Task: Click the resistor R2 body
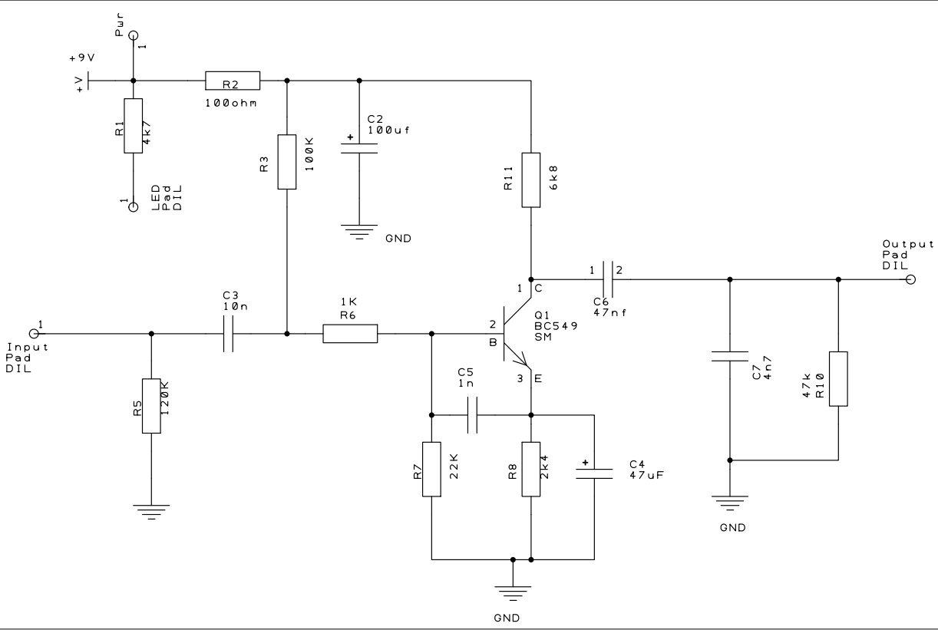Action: [x=233, y=80]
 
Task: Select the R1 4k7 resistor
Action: [x=134, y=126]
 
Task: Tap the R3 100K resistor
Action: [x=286, y=162]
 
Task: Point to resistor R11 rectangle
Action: [x=531, y=180]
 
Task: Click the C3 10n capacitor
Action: [x=227, y=334]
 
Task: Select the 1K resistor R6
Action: [x=350, y=334]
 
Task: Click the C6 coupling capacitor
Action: [x=606, y=279]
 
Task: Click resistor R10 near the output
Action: [x=838, y=378]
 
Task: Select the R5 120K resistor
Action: [x=151, y=406]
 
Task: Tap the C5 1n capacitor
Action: [x=473, y=415]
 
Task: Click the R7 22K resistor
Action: [x=431, y=469]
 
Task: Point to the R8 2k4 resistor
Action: [x=531, y=469]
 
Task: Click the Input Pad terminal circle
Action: [x=34, y=334]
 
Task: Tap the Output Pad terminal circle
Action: [x=910, y=279]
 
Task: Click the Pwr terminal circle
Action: [x=134, y=35]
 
